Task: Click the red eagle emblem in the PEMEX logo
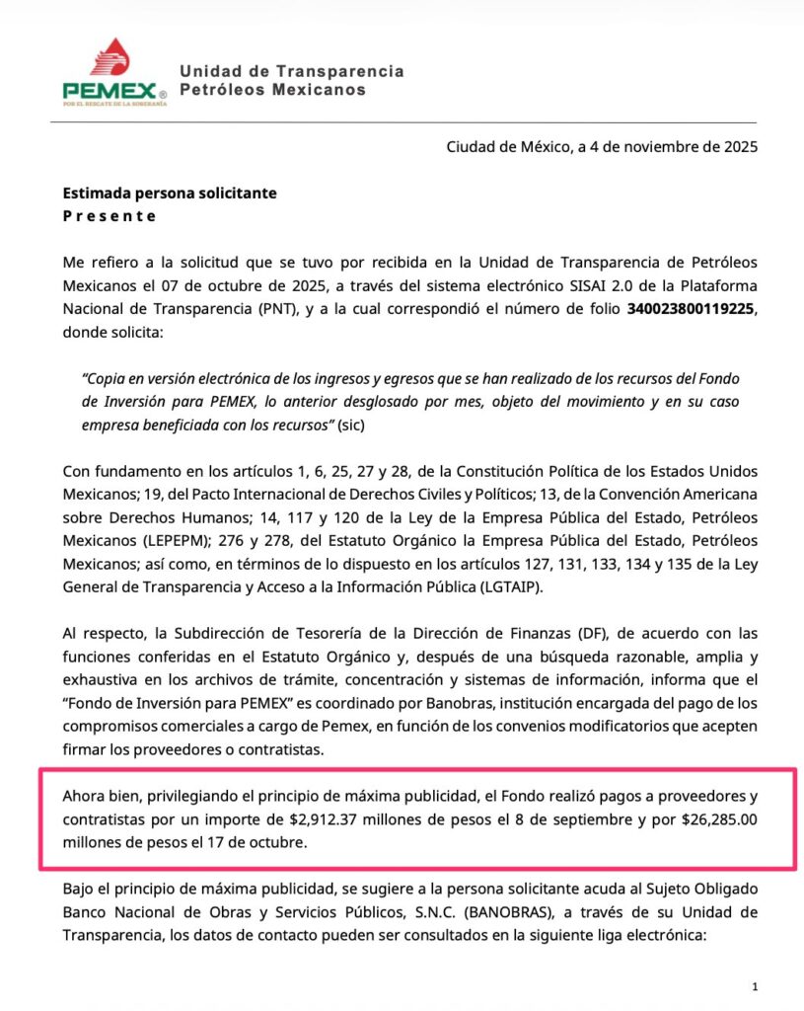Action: [x=110, y=57]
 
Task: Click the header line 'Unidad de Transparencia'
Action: [x=291, y=71]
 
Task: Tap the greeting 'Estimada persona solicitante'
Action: [x=170, y=194]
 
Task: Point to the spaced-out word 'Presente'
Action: [x=110, y=216]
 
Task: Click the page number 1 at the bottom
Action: [x=754, y=986]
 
